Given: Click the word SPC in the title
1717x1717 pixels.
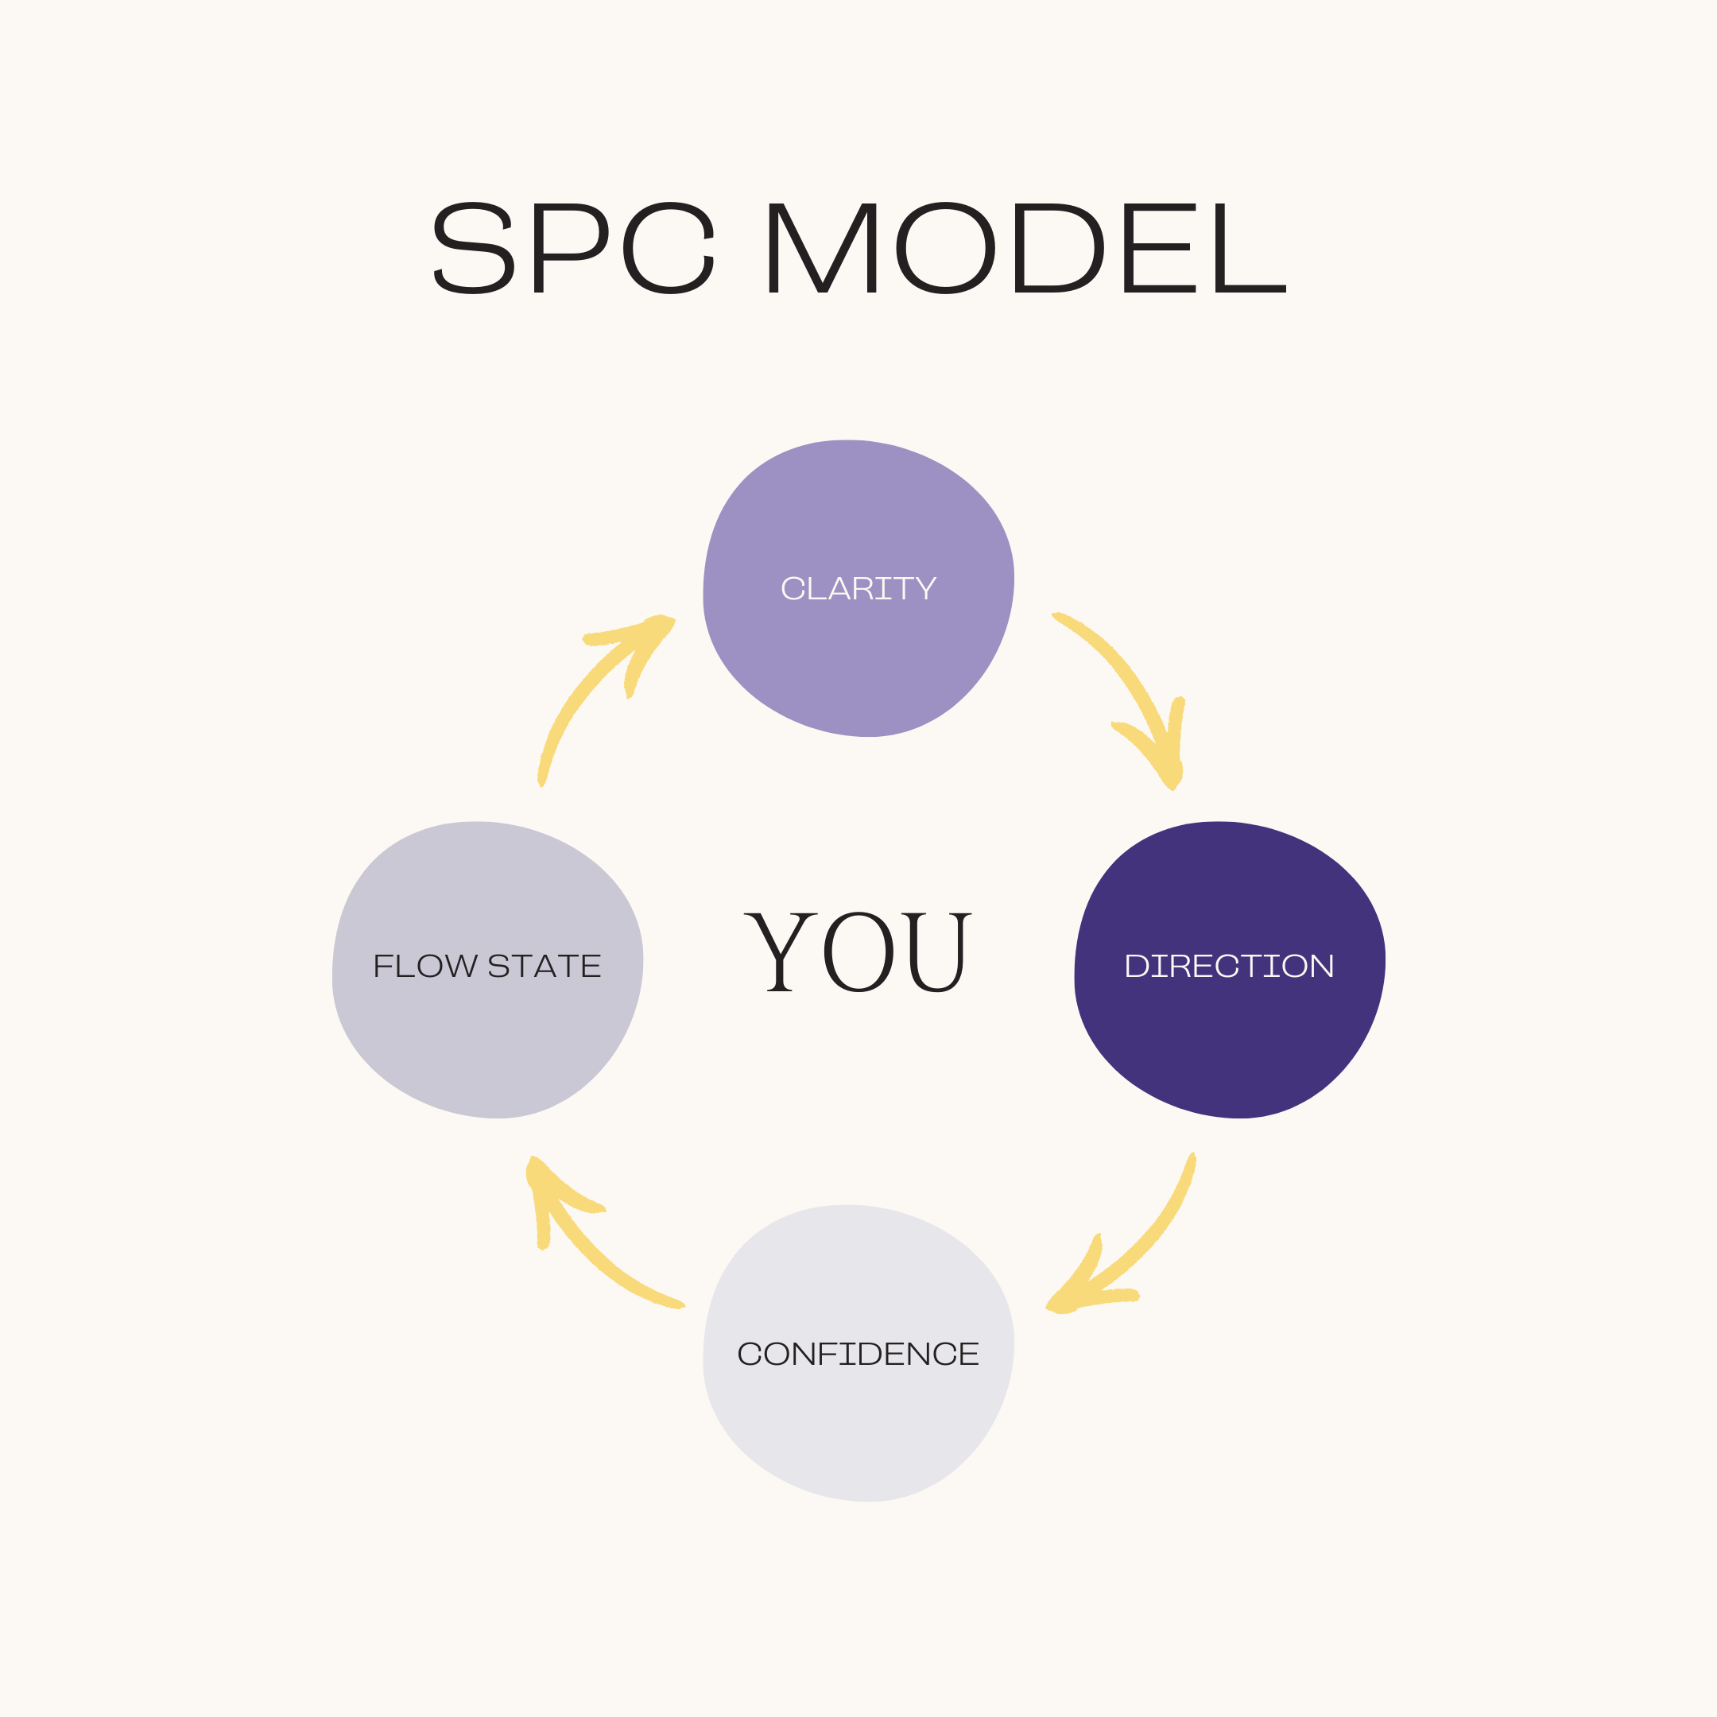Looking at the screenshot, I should (573, 248).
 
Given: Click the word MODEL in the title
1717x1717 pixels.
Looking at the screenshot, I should (1025, 248).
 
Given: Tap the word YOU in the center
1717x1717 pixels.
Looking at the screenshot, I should (858, 952).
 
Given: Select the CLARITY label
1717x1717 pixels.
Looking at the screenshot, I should (858, 588).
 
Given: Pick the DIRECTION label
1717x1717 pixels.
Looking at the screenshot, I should (1229, 966).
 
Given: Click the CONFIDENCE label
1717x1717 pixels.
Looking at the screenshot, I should (858, 1354).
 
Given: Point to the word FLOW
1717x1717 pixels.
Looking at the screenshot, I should (424, 966).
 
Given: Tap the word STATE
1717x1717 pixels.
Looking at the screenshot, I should (544, 966).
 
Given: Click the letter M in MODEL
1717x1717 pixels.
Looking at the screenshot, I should (822, 248).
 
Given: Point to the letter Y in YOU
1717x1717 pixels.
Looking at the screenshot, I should (781, 952).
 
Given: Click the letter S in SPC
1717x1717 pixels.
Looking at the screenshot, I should (474, 248).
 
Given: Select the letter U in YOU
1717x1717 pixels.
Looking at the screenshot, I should (936, 952).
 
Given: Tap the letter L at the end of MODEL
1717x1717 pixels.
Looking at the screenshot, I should (1249, 248).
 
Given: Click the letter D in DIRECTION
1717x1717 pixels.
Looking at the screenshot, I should (1137, 966).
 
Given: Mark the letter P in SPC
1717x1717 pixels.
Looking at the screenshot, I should (570, 248).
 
